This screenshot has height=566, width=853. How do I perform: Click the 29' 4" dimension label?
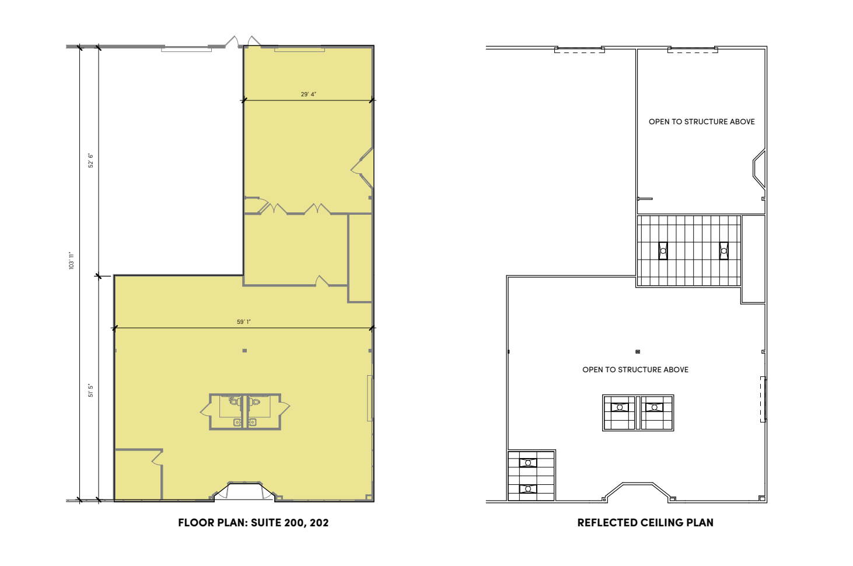(309, 94)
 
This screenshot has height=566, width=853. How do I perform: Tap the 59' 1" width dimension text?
(244, 322)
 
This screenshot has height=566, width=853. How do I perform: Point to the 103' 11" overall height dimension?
(71, 260)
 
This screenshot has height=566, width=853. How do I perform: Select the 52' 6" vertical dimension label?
(90, 160)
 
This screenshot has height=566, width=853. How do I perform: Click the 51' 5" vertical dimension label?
(90, 391)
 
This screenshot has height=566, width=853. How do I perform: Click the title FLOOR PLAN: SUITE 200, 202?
(253, 523)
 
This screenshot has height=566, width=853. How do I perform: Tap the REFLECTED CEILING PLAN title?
(645, 523)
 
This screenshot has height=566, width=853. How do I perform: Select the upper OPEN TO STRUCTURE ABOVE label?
(702, 122)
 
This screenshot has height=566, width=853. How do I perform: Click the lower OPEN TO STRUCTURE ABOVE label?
(635, 370)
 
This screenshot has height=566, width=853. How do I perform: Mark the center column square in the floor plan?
(244, 351)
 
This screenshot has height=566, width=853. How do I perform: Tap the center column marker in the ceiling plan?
(638, 351)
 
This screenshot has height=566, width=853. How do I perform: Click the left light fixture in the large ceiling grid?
(663, 251)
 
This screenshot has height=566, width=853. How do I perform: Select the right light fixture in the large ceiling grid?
(724, 251)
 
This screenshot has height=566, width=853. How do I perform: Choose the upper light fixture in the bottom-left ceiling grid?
(528, 463)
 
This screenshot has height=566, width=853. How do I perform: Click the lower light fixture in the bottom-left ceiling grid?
(528, 488)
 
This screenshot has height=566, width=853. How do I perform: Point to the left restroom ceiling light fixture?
(620, 407)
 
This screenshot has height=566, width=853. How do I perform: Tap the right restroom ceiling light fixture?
(654, 407)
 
